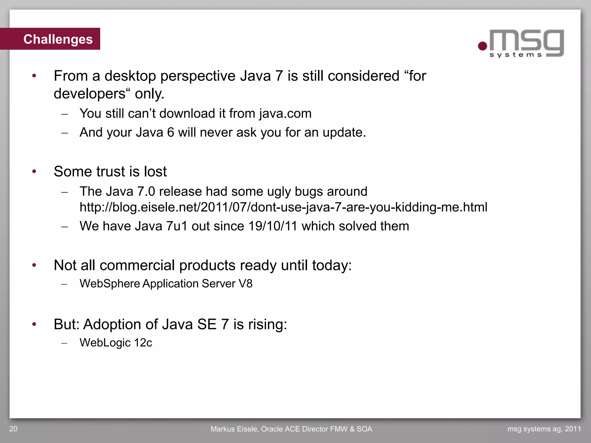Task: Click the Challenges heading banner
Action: [58, 39]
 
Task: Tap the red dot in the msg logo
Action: [482, 46]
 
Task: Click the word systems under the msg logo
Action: [516, 55]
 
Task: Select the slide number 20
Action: [13, 429]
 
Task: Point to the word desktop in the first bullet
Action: [130, 76]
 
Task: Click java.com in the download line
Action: [285, 114]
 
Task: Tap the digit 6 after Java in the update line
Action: [171, 132]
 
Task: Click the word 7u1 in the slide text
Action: [177, 226]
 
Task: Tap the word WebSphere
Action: [110, 284]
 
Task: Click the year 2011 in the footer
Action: [573, 429]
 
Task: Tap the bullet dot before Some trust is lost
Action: [34, 172]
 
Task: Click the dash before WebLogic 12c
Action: [64, 343]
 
